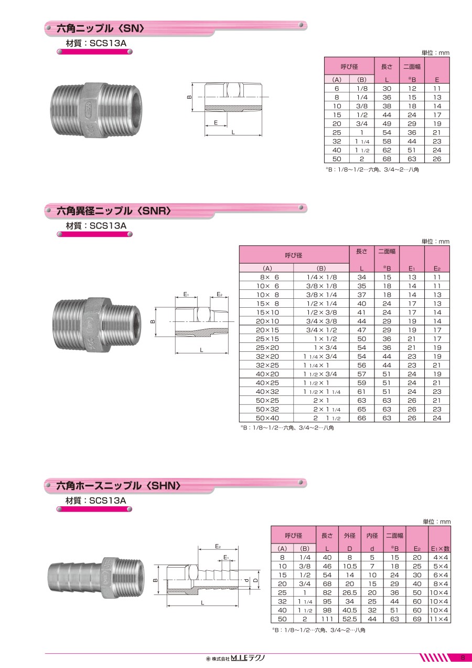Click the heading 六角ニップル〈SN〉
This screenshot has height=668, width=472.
pos(100,28)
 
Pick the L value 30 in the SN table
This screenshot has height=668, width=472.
pos(387,89)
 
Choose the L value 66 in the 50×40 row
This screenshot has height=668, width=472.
pos(362,418)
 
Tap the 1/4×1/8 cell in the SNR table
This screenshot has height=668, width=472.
pos(321,277)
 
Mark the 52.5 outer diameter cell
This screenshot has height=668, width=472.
pos(349,619)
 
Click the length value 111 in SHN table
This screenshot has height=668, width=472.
pos(327,619)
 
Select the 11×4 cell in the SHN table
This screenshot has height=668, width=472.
pos(439,619)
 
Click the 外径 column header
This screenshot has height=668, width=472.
pos(349,536)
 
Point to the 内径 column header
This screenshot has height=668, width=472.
pos(372,536)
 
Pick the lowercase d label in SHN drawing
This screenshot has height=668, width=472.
pos(246,580)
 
